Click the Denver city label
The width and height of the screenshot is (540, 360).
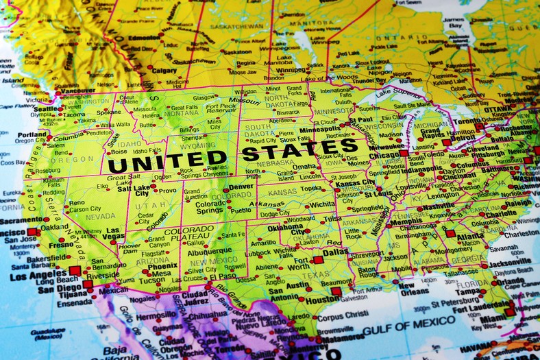(x=241, y=186)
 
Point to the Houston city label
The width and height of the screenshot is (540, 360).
(x=322, y=299)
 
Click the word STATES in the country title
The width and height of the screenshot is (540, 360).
(x=299, y=149)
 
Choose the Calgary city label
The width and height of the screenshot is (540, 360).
(x=164, y=70)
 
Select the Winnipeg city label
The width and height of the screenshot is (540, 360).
(x=291, y=69)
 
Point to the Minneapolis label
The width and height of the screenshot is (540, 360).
(x=320, y=129)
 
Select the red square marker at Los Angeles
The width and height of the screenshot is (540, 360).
(x=75, y=271)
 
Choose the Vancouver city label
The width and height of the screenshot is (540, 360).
(x=77, y=90)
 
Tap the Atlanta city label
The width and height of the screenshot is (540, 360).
(x=469, y=237)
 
